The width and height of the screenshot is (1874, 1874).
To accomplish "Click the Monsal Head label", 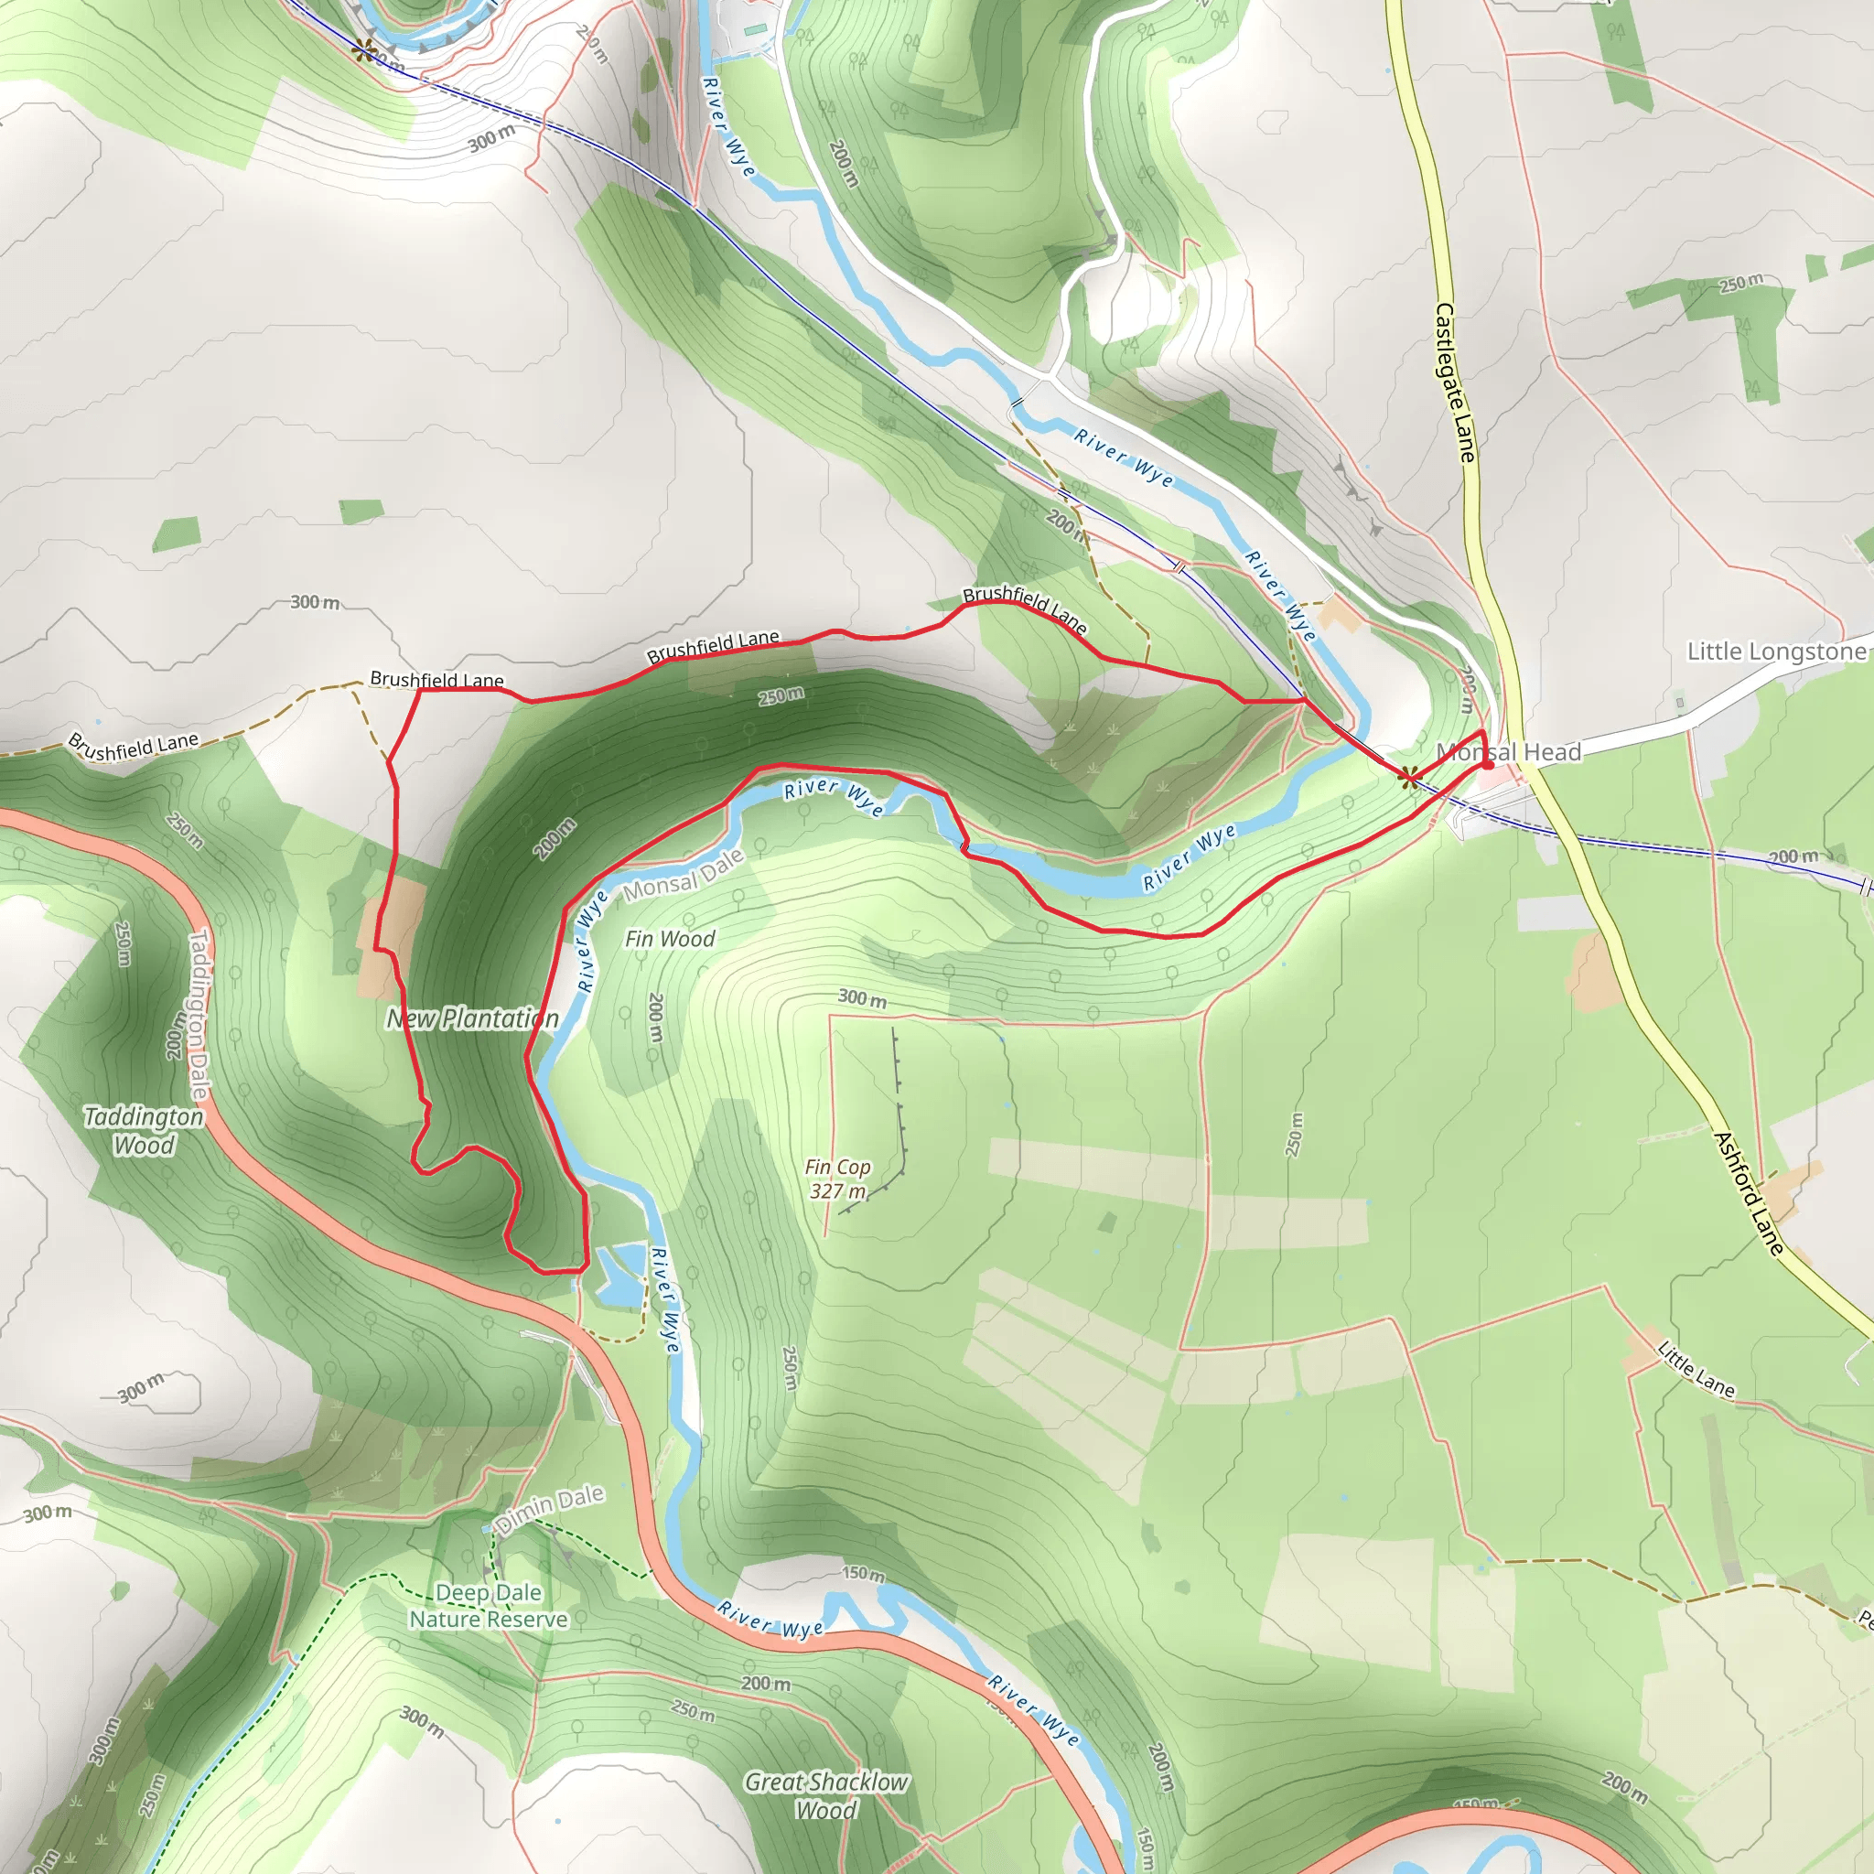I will coord(1508,752).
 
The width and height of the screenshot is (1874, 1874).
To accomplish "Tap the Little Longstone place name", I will coord(1777,651).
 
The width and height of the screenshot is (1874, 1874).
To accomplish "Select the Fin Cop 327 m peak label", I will coord(838,1179).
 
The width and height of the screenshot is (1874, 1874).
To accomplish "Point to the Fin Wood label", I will coord(669,938).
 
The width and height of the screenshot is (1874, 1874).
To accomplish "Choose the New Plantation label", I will coord(472,1018).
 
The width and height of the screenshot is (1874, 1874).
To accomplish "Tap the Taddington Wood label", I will coord(144,1131).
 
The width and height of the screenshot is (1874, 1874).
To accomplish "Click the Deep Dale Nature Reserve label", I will coord(488,1606).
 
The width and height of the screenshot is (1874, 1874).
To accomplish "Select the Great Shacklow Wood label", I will coord(826,1795).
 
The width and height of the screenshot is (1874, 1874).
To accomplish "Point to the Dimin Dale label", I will coord(549,1508).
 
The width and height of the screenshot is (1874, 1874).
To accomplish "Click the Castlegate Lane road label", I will coord(1455,382).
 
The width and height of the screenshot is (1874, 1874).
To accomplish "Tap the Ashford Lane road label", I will coord(1749,1193).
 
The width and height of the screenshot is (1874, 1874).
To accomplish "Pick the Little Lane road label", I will coord(1696,1369).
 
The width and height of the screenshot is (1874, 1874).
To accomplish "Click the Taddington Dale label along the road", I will coord(198,1014).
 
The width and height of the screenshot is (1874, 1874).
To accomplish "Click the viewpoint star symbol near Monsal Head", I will coord(1408,775).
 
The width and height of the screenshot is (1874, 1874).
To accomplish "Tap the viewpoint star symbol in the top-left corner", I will coord(365,49).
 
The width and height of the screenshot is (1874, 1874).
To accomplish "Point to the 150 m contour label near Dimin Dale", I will coord(862,1573).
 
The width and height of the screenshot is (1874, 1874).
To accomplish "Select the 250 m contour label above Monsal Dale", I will coord(781,695).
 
